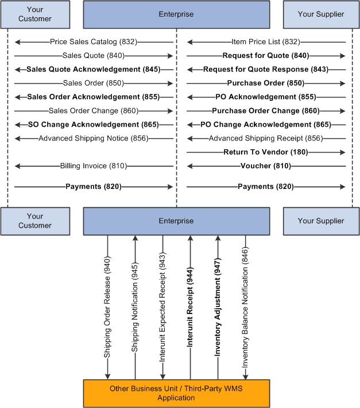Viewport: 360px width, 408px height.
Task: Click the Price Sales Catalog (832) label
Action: pos(94,42)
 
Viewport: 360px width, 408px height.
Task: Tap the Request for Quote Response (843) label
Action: pos(266,69)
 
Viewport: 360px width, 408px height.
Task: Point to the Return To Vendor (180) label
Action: pos(266,152)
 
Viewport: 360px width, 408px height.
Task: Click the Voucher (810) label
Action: pos(266,166)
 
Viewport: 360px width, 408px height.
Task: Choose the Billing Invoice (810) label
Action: pos(94,166)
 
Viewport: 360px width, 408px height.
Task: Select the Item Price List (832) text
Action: pos(266,42)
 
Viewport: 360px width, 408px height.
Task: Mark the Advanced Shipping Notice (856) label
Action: pos(94,138)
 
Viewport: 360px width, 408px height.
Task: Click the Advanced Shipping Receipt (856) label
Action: pos(266,138)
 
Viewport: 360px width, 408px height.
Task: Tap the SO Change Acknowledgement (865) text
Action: pos(94,125)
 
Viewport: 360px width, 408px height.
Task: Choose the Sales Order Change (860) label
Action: pos(94,111)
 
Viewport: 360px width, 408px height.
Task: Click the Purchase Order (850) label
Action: pos(266,83)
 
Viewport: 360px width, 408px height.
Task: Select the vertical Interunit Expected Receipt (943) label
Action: pos(162,308)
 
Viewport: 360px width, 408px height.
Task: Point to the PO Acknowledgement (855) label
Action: pos(266,97)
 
